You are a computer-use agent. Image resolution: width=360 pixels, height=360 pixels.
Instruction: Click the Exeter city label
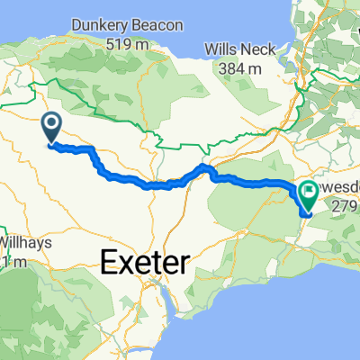coord(145,264)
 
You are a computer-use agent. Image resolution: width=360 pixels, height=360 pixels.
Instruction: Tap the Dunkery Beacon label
coord(126,25)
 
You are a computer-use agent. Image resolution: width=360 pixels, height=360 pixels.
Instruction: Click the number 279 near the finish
coord(346,207)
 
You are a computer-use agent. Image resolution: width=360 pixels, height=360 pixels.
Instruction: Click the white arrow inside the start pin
coord(50,124)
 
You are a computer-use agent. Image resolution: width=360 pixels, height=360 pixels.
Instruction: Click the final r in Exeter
coord(184,264)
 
